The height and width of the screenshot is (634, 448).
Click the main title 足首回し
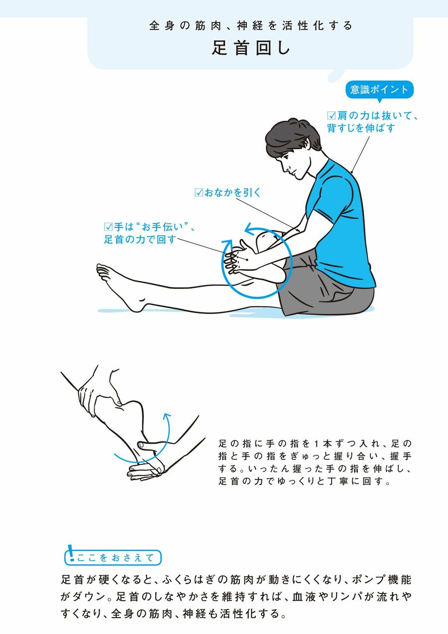(x=251, y=48)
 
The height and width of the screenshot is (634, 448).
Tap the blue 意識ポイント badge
(x=379, y=90)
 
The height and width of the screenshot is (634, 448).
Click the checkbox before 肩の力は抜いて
(x=331, y=116)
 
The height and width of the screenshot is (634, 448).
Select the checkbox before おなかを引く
(x=199, y=193)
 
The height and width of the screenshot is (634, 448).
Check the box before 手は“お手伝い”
(x=109, y=227)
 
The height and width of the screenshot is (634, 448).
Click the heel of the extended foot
(x=135, y=306)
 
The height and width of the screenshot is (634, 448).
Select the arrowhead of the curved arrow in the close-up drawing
(x=167, y=417)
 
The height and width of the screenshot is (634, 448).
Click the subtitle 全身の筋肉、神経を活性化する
(x=251, y=26)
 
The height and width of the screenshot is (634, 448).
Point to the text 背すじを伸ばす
(x=361, y=128)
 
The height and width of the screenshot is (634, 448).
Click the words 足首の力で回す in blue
(x=140, y=239)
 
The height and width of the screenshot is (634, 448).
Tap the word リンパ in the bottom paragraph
(x=346, y=597)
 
